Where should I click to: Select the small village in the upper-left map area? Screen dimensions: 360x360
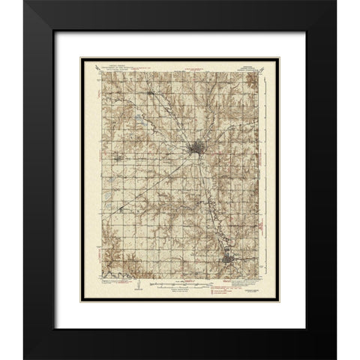coord(149,93)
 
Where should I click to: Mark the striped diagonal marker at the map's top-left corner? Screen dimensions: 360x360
coord(99,73)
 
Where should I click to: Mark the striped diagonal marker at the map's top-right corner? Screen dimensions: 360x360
coord(259,73)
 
